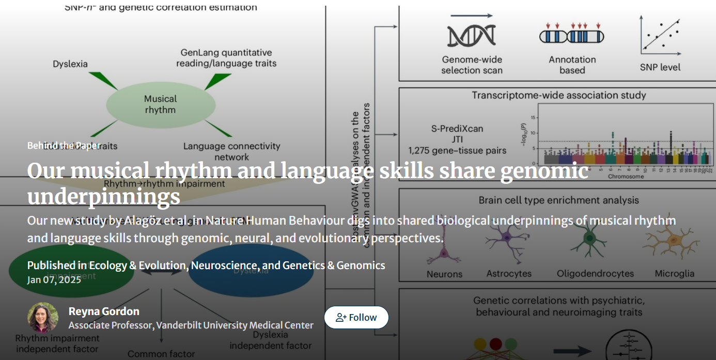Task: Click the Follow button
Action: [356, 317]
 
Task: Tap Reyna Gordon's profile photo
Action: [43, 317]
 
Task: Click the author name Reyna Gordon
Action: [104, 311]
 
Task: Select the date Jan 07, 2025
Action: [54, 279]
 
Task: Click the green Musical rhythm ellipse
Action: [161, 104]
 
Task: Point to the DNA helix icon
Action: [471, 35]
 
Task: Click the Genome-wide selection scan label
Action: [472, 65]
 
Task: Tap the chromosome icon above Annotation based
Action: [572, 36]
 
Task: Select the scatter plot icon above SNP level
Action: [660, 35]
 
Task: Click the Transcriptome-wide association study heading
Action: [559, 95]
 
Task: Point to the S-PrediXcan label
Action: [457, 129]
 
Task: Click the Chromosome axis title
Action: [626, 177]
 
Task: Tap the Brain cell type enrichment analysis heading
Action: [558, 200]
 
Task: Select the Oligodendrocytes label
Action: [595, 274]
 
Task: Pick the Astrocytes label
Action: [509, 274]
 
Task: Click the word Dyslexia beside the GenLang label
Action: [70, 64]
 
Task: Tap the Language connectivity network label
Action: [231, 151]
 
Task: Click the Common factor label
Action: [161, 354]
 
